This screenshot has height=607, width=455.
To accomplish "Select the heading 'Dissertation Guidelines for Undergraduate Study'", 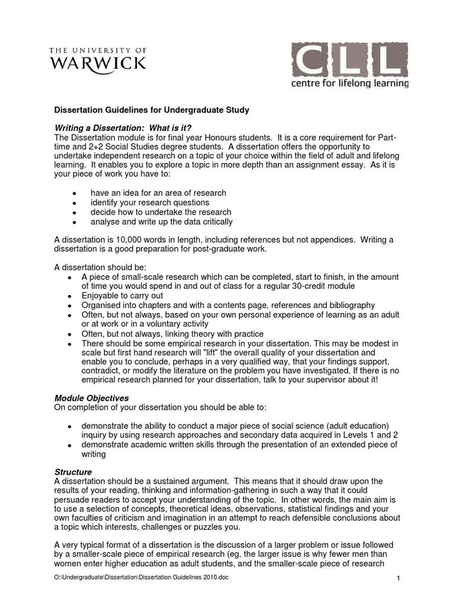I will pyautogui.click(x=152, y=110).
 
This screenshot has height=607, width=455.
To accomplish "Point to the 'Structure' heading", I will pyautogui.click(x=73, y=471).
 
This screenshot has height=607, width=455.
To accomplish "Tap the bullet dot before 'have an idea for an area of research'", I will pyautogui.click(x=73, y=194).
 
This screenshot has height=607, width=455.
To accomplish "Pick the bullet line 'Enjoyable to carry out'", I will pyautogui.click(x=124, y=295).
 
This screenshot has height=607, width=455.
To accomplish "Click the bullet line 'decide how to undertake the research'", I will pyautogui.click(x=161, y=212).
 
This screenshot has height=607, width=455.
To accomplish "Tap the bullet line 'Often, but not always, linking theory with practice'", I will pyautogui.click(x=172, y=334).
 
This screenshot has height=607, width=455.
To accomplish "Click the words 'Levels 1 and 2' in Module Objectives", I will pyautogui.click(x=371, y=435).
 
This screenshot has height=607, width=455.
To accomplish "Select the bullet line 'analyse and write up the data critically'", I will pyautogui.click(x=161, y=222).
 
